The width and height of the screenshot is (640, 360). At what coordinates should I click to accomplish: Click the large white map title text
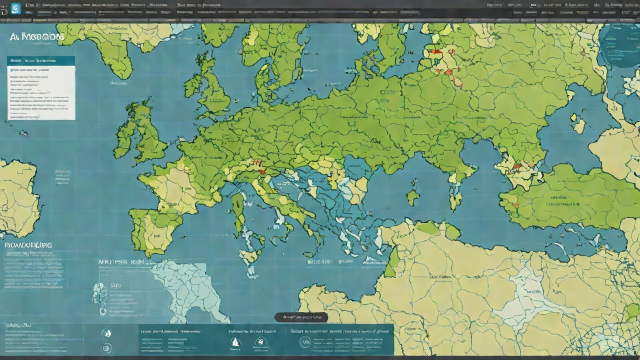tap(36, 37)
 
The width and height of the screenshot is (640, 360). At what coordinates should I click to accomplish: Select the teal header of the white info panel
tap(41, 60)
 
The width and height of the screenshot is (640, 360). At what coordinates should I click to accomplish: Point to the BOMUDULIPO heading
tap(28, 245)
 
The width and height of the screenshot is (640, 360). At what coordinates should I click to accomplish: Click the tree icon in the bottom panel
tap(235, 342)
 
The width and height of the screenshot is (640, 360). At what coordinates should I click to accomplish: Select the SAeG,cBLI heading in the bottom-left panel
tap(18, 325)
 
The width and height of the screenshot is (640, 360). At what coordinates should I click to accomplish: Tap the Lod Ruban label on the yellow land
tap(440, 276)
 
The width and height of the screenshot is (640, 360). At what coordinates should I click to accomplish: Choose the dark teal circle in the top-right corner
tap(620, 45)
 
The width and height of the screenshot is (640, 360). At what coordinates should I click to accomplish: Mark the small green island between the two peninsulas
tap(413, 197)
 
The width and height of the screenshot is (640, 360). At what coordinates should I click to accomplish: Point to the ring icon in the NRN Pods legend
tap(103, 311)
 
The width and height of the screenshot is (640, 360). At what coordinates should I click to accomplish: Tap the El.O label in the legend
tap(116, 285)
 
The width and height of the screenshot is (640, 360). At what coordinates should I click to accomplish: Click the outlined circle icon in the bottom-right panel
tap(305, 341)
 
